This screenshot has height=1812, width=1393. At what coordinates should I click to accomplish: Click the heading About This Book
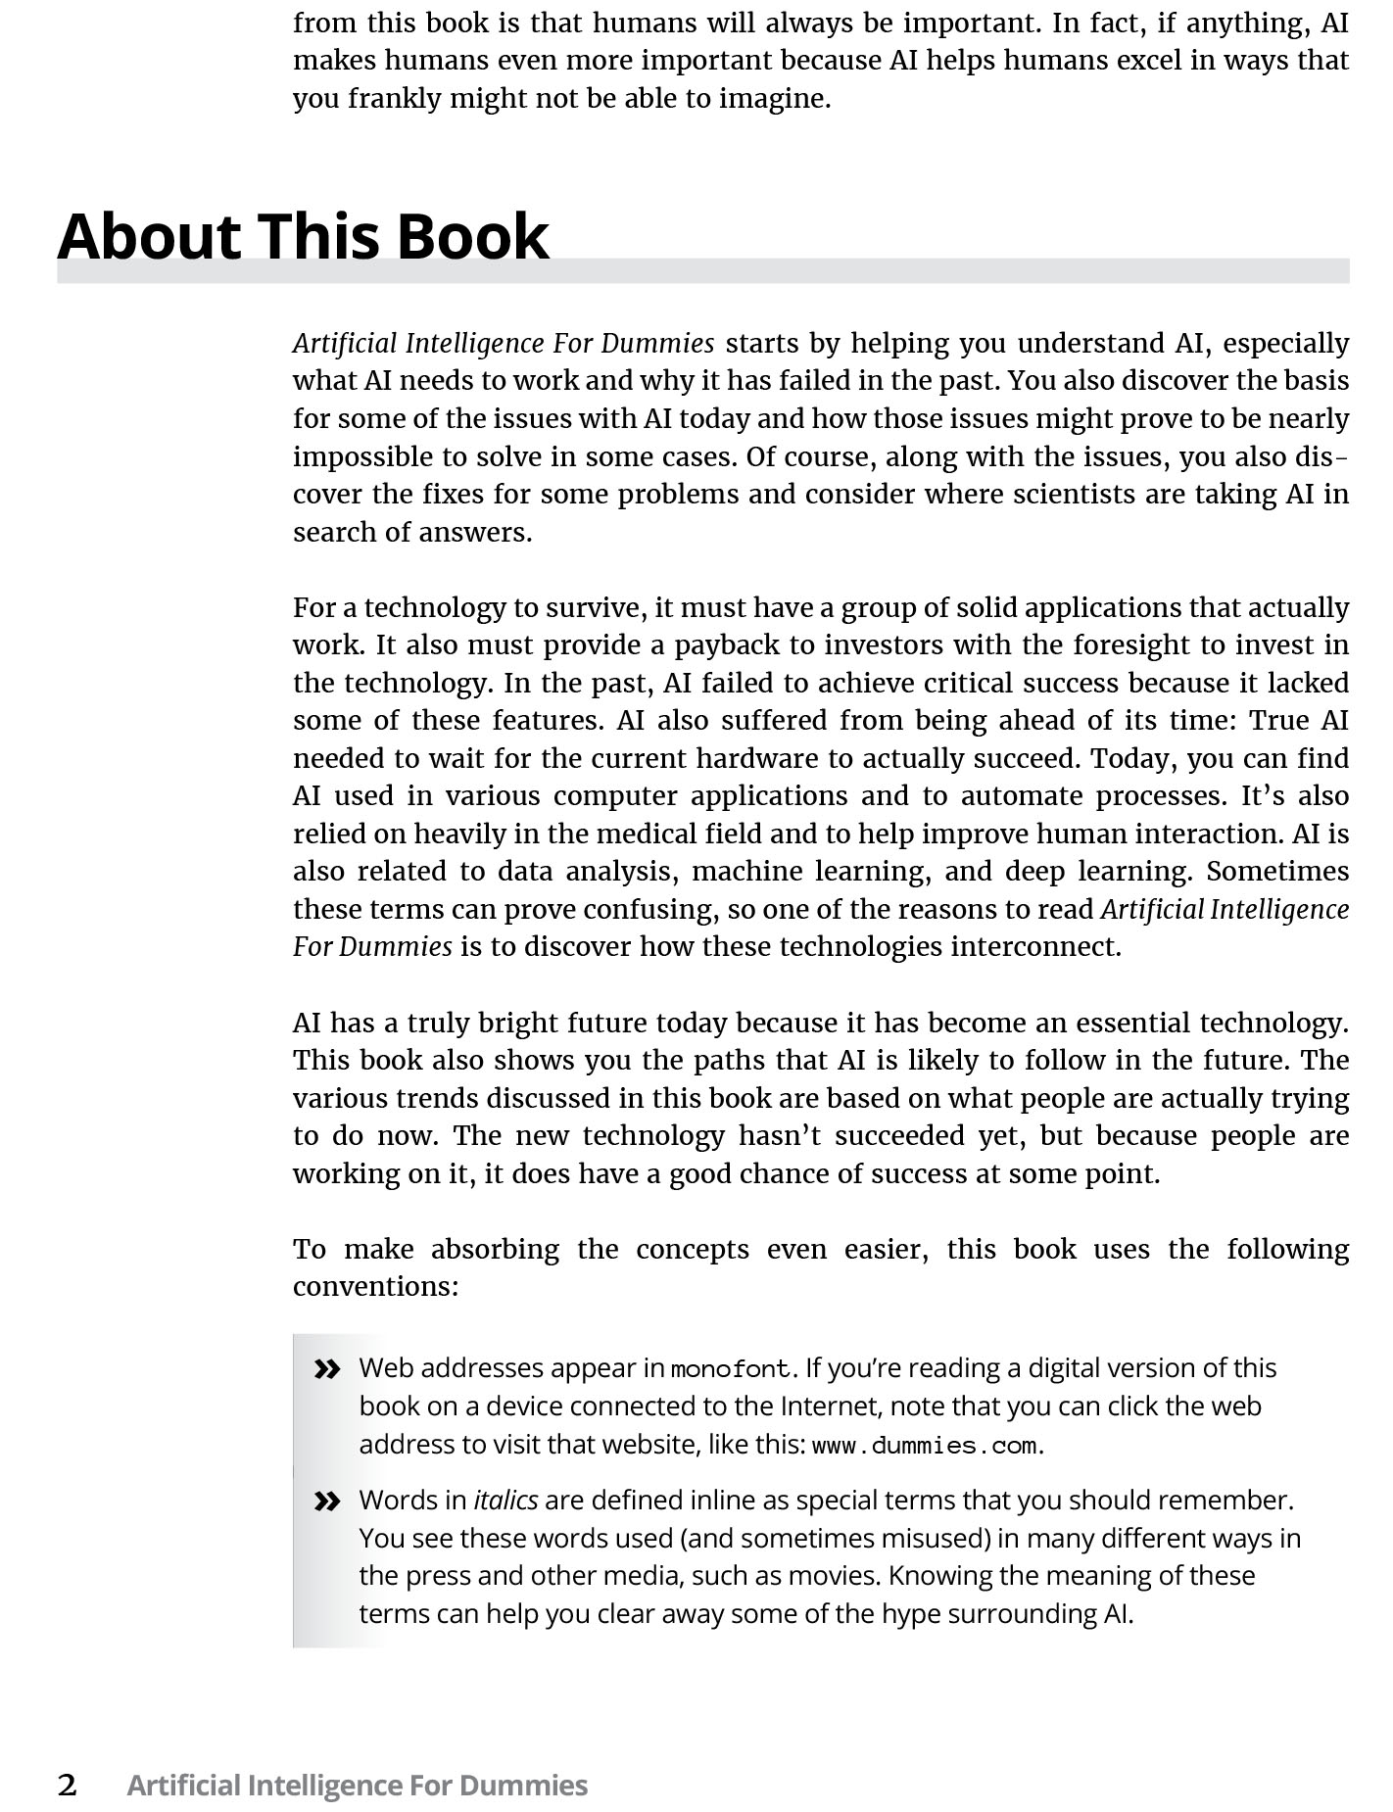point(303,237)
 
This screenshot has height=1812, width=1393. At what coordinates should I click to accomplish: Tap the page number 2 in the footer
point(67,1785)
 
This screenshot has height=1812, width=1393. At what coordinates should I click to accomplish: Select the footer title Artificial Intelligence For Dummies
point(357,1785)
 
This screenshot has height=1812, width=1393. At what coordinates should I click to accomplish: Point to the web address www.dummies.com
point(924,1446)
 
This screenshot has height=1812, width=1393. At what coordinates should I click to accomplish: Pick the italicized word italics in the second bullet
point(505,1501)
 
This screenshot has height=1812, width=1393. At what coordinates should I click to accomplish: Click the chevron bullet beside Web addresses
point(327,1369)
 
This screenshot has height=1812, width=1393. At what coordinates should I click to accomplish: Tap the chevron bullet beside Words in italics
point(327,1501)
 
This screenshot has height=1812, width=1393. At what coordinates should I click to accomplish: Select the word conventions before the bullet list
point(374,1286)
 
